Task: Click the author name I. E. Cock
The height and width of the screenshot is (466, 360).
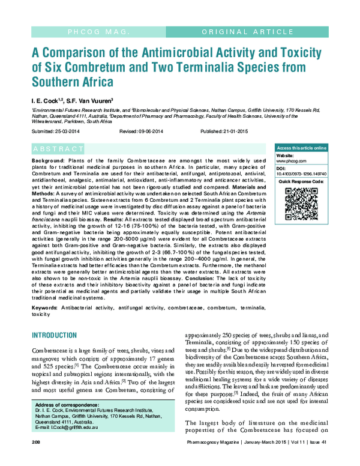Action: (x=47, y=100)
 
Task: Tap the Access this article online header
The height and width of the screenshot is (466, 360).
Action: (x=300, y=148)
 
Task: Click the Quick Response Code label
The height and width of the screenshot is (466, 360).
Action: (x=300, y=181)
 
